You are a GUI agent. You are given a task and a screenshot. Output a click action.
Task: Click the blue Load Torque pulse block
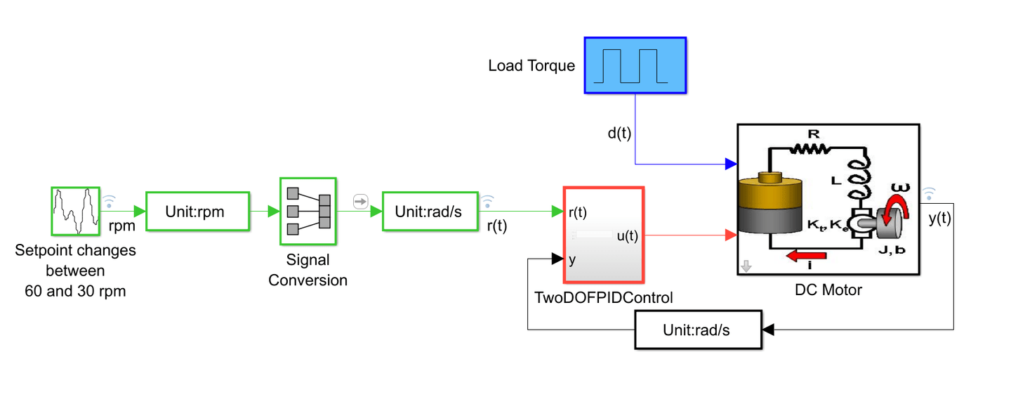click(x=635, y=65)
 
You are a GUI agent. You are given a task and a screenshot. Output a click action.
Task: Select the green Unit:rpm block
click(x=197, y=211)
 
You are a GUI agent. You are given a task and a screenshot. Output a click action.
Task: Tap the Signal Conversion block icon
click(x=308, y=209)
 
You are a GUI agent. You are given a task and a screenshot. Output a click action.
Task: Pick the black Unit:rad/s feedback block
click(x=698, y=330)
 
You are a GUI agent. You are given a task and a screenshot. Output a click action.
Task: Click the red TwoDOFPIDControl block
click(x=604, y=233)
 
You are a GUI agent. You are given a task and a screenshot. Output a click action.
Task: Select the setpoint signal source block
click(x=75, y=210)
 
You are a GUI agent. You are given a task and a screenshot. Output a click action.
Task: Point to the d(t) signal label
click(x=619, y=134)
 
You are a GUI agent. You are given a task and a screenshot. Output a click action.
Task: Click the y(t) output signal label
click(x=939, y=219)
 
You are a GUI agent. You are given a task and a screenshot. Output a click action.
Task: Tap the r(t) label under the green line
click(x=497, y=226)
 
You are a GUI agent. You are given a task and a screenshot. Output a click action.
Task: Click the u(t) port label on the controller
click(x=627, y=235)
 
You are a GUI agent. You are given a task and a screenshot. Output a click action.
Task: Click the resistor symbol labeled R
click(x=812, y=148)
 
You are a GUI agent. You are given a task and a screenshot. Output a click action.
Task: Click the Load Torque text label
click(x=531, y=66)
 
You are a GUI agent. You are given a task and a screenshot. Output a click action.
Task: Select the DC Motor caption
click(x=828, y=289)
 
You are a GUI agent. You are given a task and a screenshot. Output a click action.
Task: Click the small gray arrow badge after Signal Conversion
click(x=360, y=202)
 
